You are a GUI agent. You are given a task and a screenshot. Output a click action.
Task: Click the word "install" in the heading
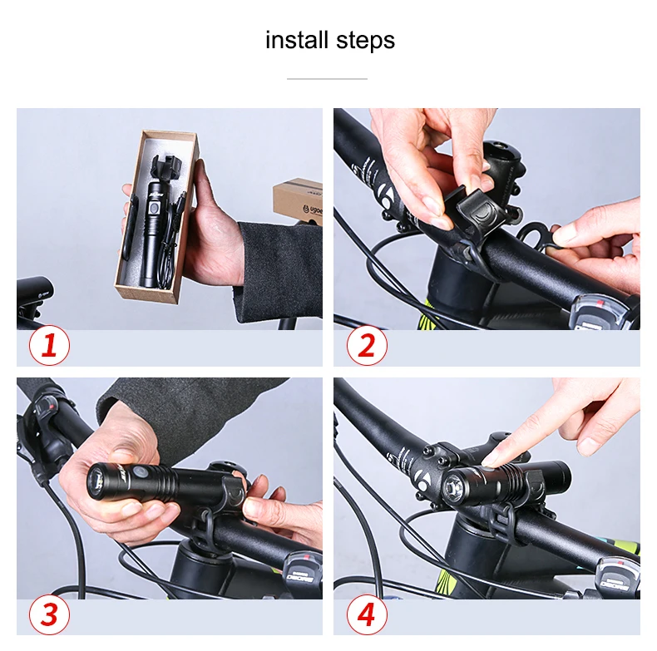click(x=296, y=40)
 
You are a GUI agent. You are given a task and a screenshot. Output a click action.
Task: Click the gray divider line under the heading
click(x=327, y=79)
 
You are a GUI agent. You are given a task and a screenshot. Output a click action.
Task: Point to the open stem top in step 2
click(x=499, y=152)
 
